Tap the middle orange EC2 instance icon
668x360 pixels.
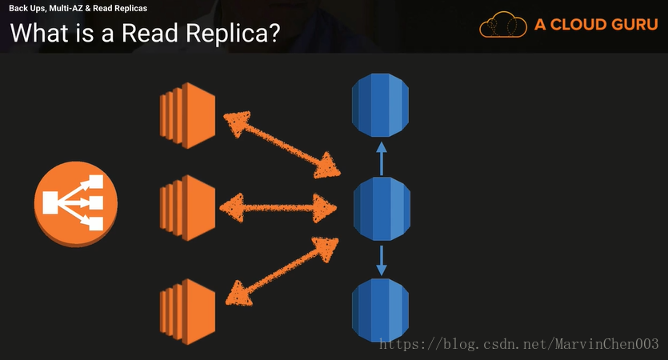point(188,207)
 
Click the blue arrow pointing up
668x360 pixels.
point(382,158)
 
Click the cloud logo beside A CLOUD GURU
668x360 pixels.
point(503,26)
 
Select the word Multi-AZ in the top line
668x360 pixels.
point(70,8)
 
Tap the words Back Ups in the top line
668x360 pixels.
point(26,8)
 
